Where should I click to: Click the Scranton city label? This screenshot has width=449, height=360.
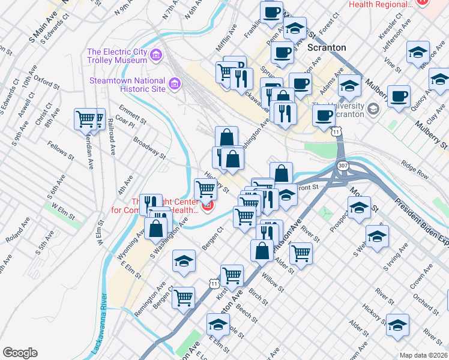coord(327,47)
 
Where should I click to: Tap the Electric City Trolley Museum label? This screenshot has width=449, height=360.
coord(117,56)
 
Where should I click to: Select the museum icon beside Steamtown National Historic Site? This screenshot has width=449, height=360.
coord(175,83)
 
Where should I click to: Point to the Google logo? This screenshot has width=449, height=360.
coord(20,353)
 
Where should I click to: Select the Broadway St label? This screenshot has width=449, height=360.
coord(149,147)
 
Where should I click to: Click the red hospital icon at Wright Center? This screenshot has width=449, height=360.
coord(208,207)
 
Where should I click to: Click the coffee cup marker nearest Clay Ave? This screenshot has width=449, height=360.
coord(399,96)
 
